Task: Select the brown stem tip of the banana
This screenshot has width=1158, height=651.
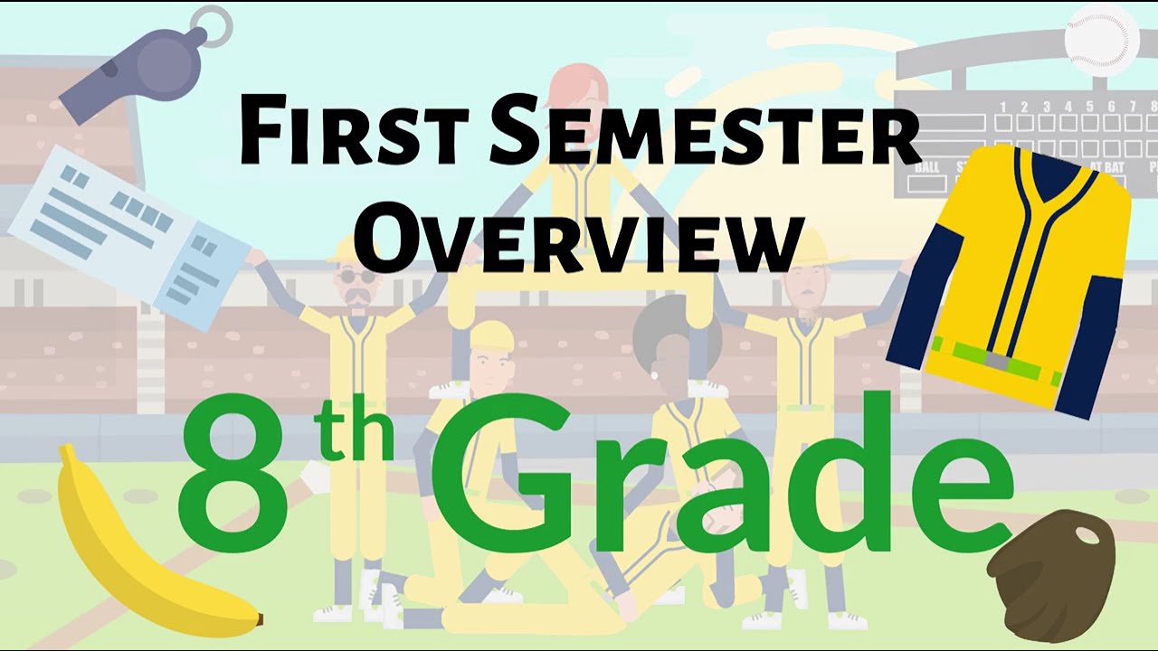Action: (x=259, y=621)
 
